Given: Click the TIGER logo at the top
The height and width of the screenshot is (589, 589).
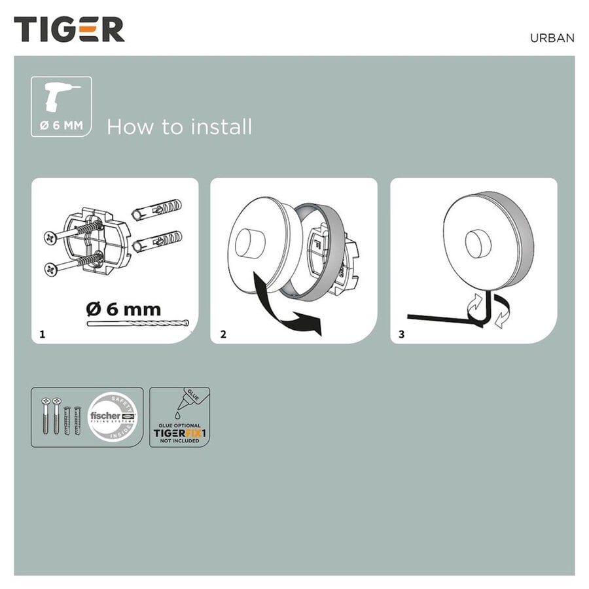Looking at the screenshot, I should (x=69, y=30).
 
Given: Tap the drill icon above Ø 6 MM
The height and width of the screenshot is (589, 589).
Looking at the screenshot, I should (x=60, y=98).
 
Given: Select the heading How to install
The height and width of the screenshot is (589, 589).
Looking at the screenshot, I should (x=179, y=127).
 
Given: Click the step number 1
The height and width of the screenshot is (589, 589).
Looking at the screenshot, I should (x=43, y=334).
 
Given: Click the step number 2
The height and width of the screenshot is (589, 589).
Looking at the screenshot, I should (x=223, y=334).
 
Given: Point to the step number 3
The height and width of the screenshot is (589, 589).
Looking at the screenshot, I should (x=401, y=334).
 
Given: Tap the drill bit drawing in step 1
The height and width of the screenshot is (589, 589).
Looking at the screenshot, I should (x=138, y=324).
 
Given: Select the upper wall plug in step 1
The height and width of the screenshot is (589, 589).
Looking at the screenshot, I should (x=156, y=210).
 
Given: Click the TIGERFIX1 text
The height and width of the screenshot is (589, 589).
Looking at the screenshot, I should (x=179, y=433).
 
